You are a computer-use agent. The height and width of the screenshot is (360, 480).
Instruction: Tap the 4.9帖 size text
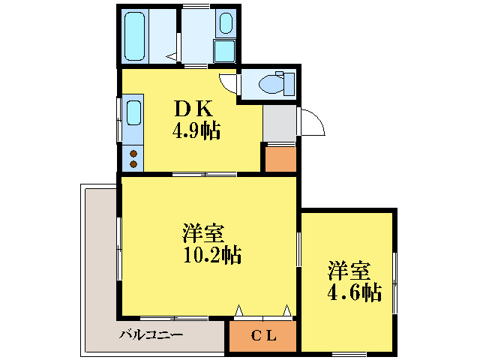(196, 132)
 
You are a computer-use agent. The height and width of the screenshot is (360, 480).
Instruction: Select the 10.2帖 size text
(212, 255)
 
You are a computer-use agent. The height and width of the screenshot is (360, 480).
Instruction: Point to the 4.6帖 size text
(353, 292)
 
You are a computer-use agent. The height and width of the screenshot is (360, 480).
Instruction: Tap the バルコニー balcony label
(150, 334)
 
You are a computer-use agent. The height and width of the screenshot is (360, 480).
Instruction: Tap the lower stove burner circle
(133, 163)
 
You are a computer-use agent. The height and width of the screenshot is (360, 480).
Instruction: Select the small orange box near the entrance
(279, 158)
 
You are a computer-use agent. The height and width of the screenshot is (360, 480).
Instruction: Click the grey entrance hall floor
(279, 123)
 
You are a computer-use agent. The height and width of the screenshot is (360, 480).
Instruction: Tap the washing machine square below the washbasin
(225, 50)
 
